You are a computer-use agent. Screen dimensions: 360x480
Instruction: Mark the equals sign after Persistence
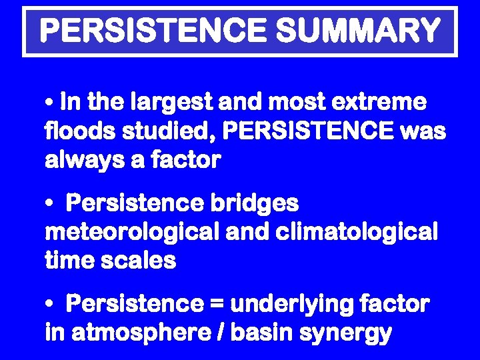pyautogui.click(x=218, y=304)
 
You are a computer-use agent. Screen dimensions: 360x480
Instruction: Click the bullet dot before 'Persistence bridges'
pyautogui.click(x=50, y=203)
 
